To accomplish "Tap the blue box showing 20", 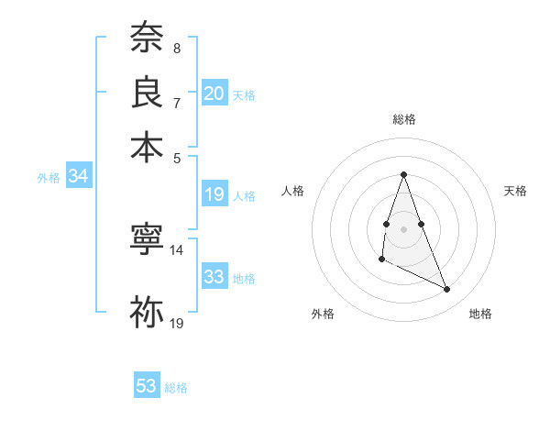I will click(x=214, y=93).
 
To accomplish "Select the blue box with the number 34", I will click(x=78, y=177).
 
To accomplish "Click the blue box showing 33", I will click(x=214, y=276).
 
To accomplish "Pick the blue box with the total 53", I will click(x=147, y=386).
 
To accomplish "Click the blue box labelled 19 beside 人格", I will click(x=214, y=194).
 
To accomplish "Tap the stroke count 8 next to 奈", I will click(x=176, y=48).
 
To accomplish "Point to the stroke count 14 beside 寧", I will click(x=177, y=249).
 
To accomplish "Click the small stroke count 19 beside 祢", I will click(x=177, y=323).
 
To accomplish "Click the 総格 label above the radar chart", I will click(x=404, y=119).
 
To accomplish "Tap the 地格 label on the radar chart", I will click(x=480, y=314).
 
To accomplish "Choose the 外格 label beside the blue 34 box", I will click(x=49, y=178).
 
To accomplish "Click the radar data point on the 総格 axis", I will click(x=403, y=174).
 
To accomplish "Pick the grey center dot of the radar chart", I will click(x=403, y=228).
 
